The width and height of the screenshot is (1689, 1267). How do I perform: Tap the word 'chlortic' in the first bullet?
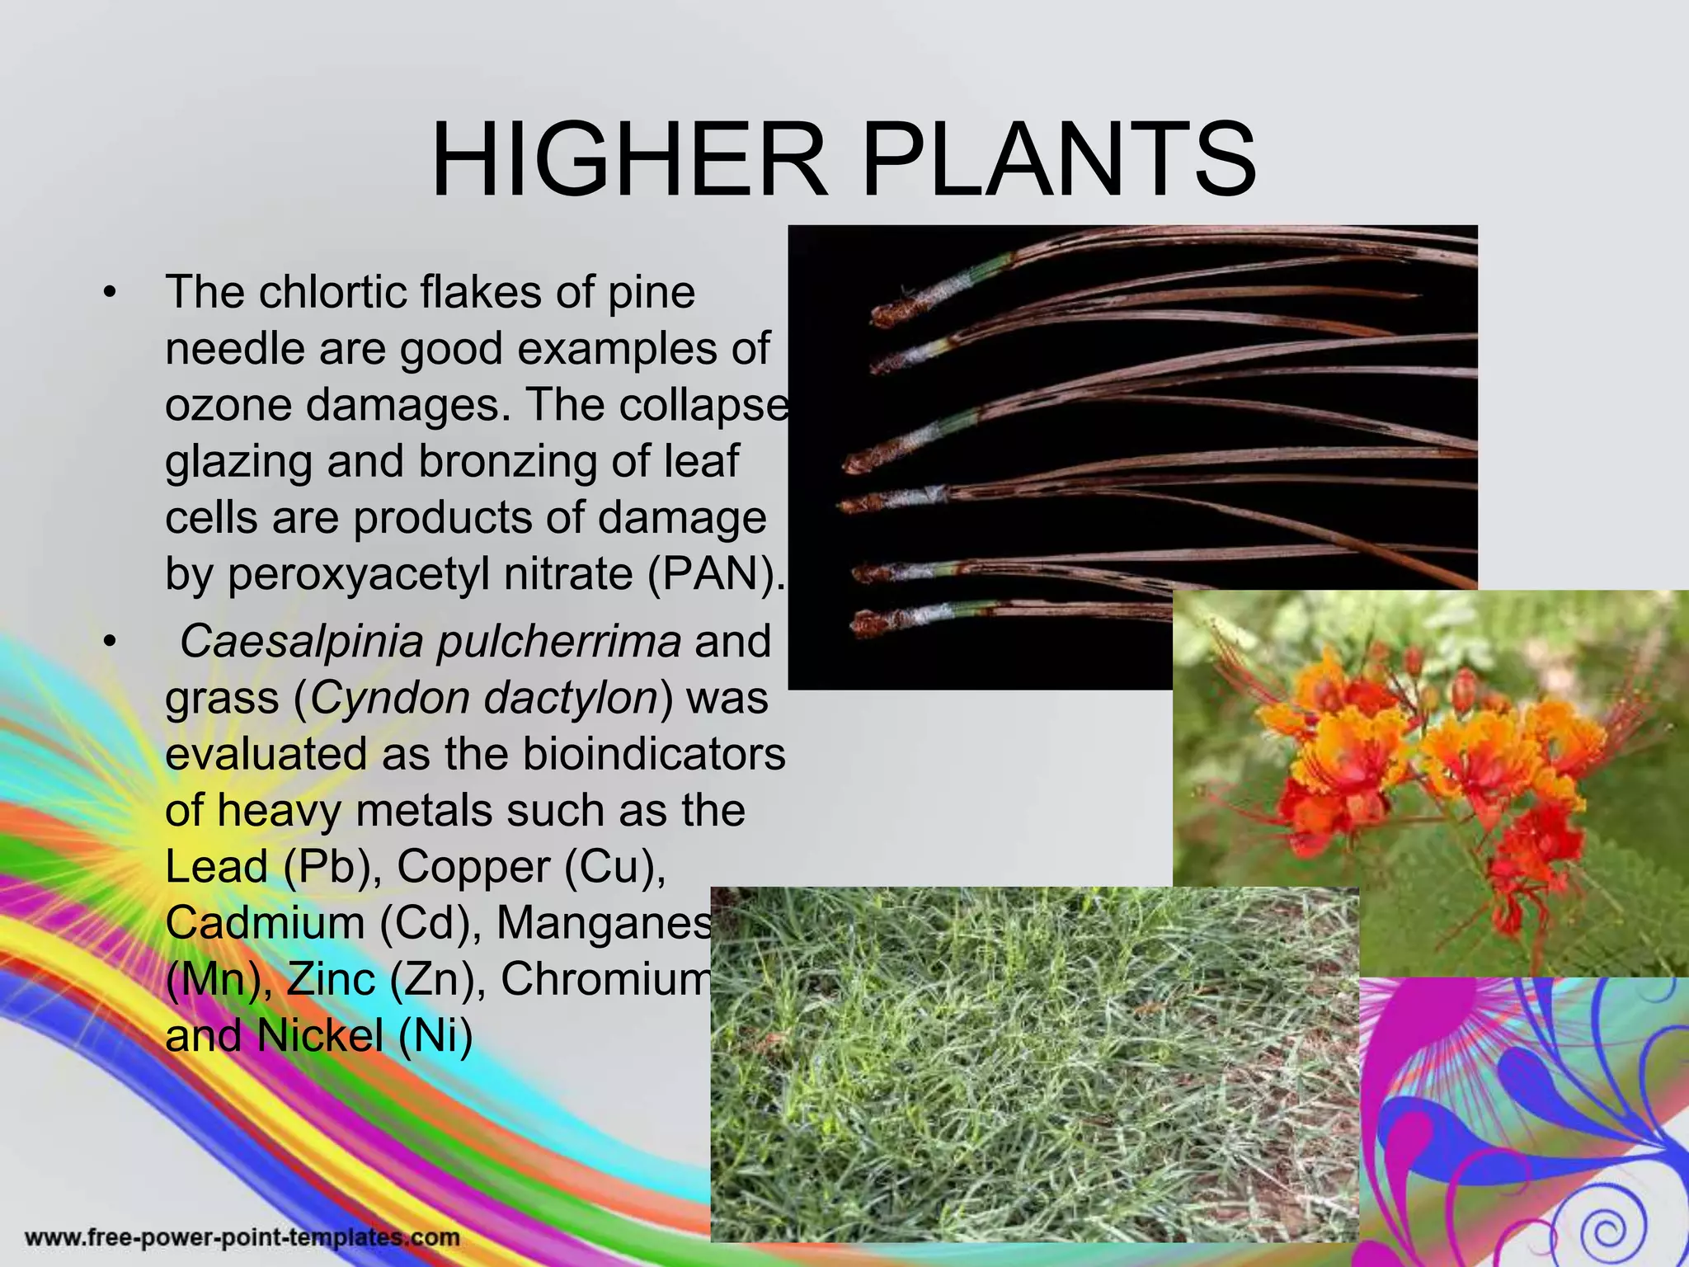coord(338,292)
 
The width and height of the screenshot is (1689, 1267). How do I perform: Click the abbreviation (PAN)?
coord(714,573)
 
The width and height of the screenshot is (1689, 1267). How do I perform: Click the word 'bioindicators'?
coord(655,754)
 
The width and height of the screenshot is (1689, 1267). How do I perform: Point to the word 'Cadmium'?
coord(265,923)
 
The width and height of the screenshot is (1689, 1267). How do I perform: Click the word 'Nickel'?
coord(320,1035)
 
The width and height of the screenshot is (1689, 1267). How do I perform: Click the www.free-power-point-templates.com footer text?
coord(242,1237)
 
